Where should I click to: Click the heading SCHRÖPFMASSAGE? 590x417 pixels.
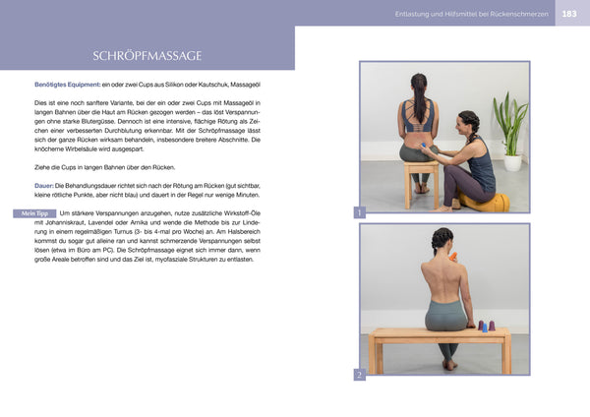tap(147, 55)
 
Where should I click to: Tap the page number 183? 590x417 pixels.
tap(571, 13)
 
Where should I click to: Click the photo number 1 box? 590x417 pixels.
tap(360, 212)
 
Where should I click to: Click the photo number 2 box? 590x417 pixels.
tap(360, 375)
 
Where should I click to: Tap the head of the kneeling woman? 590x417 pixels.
tap(469, 122)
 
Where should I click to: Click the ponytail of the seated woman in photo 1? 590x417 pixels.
tap(419, 102)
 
